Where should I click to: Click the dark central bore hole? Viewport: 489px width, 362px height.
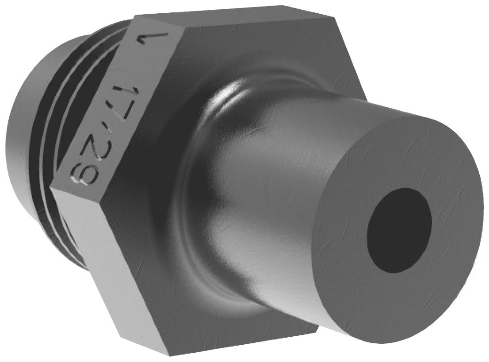pyautogui.click(x=399, y=230)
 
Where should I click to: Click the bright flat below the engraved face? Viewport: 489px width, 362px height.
pyautogui.click(x=111, y=266)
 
